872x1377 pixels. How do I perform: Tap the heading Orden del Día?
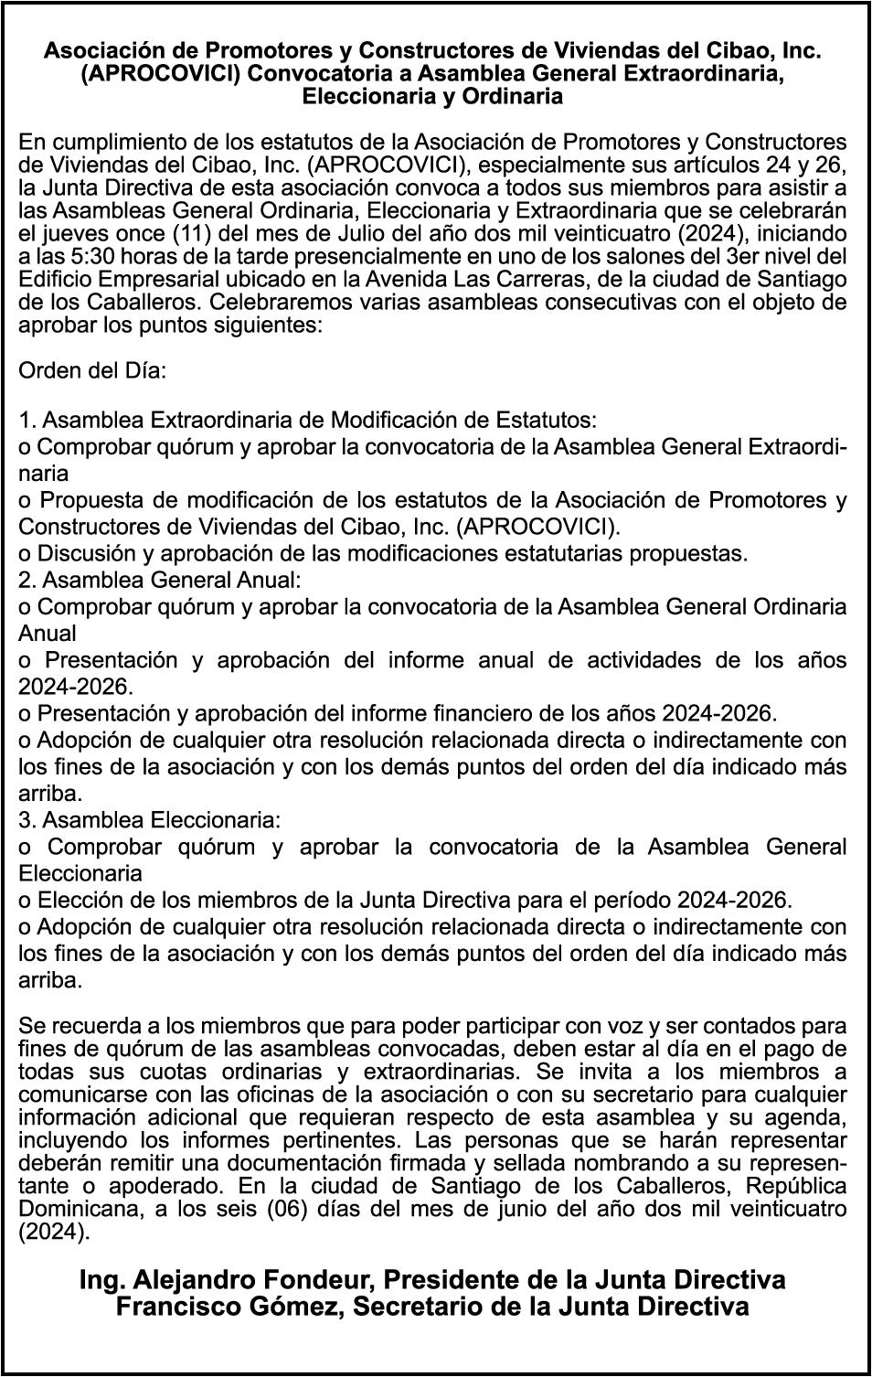tap(92, 371)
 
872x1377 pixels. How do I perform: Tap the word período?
tap(683, 899)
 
